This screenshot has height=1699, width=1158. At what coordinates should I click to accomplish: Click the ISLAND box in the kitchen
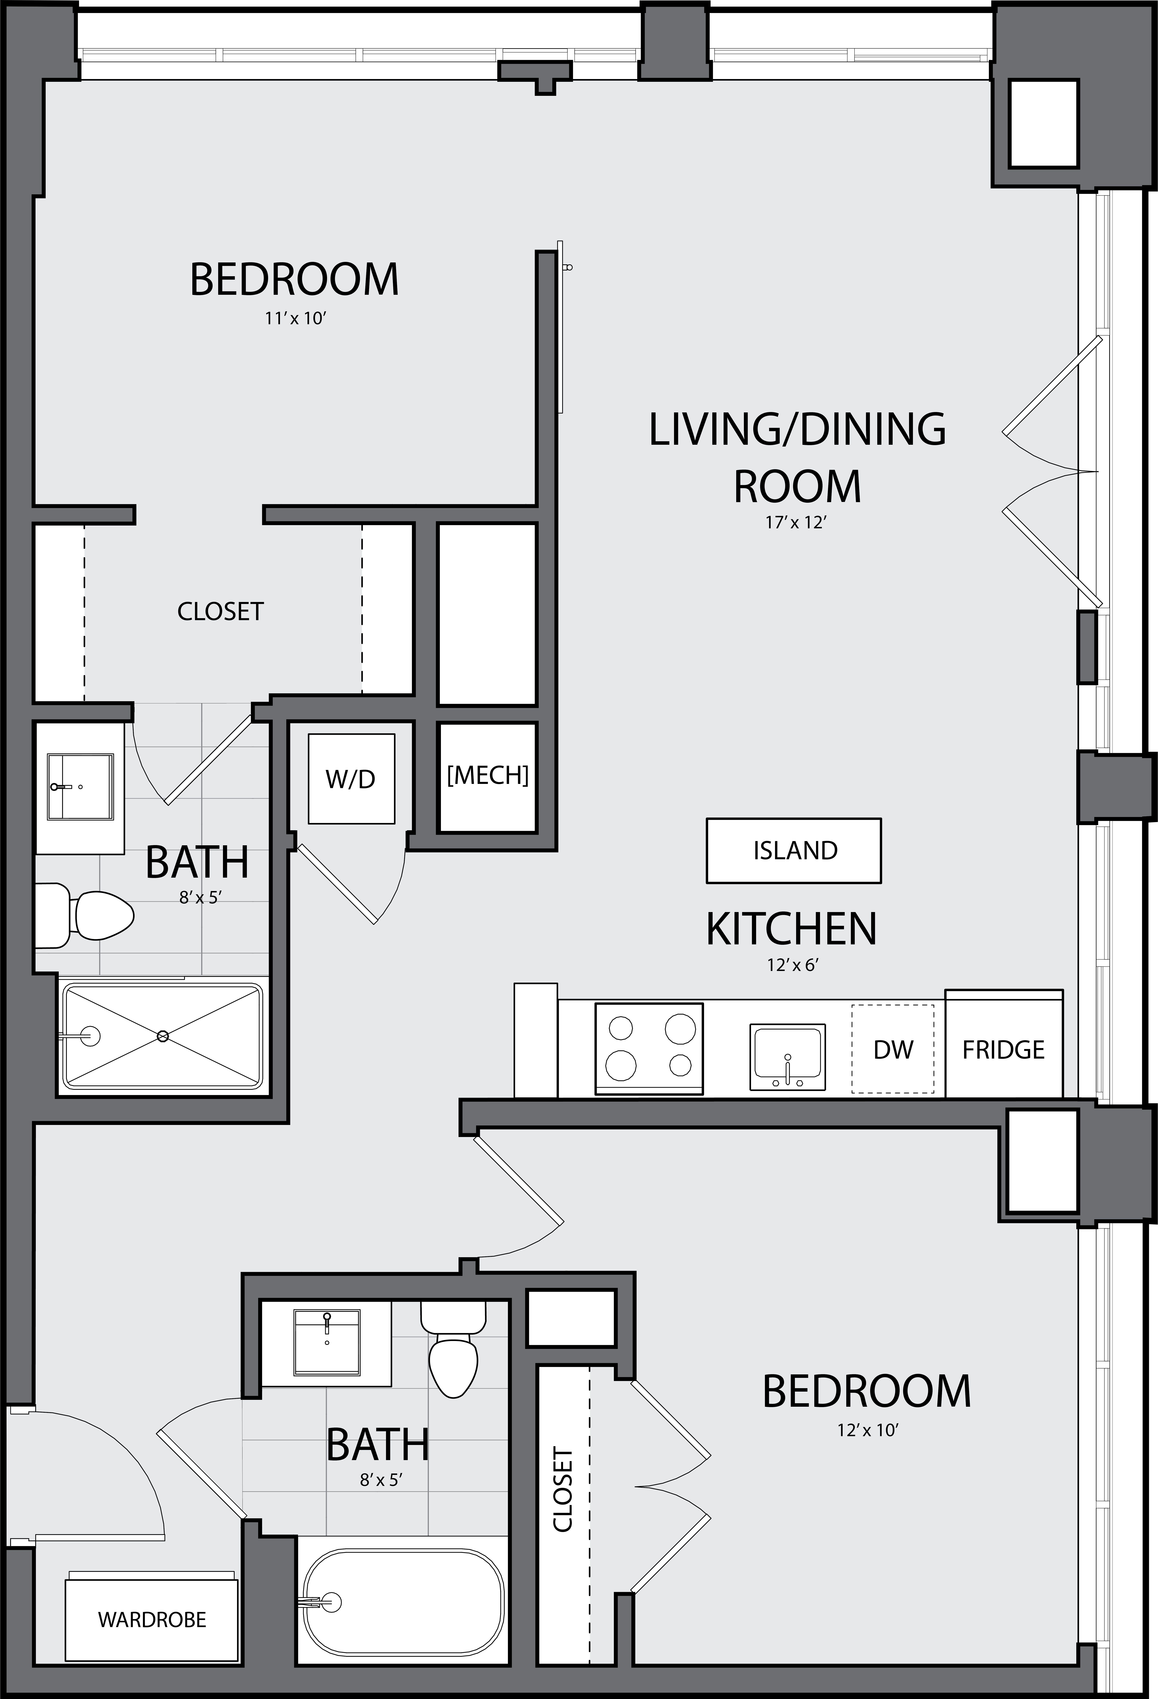[x=794, y=850]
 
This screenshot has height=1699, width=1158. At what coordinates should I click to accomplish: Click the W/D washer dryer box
[x=351, y=779]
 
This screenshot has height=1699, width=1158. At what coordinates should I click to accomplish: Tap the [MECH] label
[x=488, y=775]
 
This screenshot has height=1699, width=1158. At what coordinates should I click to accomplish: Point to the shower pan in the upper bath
[x=162, y=1035]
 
